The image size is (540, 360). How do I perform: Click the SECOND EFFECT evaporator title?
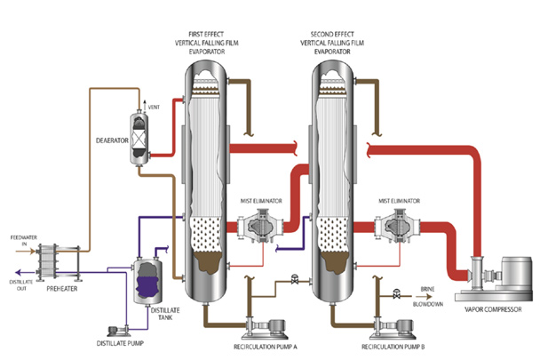pos(333,26)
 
